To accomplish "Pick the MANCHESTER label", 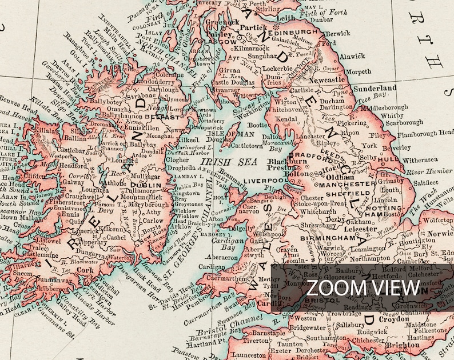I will (x=339, y=185).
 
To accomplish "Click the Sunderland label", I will (x=375, y=89).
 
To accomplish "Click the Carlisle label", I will (x=302, y=90).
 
